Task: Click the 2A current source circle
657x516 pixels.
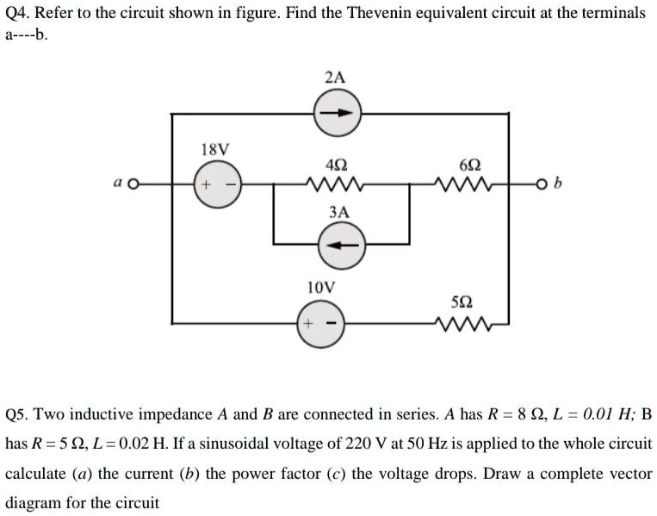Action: [x=336, y=114]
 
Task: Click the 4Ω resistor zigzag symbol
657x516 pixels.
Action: [x=335, y=184]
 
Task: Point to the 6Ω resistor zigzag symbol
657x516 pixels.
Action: [x=460, y=184]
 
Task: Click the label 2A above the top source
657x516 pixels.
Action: [x=336, y=78]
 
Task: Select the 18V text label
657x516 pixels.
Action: [x=215, y=149]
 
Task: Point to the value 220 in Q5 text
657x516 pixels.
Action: [x=397, y=444]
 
